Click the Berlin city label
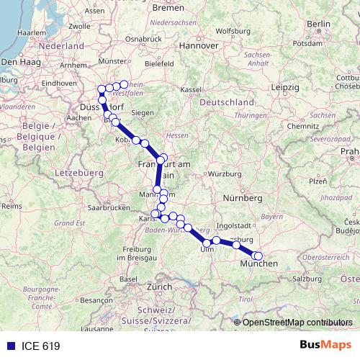[x=318, y=24]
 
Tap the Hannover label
[x=199, y=45]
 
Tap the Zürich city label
[x=159, y=287]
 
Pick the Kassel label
[x=190, y=89]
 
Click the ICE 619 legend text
[x=35, y=346]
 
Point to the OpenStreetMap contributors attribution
[x=297, y=322]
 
